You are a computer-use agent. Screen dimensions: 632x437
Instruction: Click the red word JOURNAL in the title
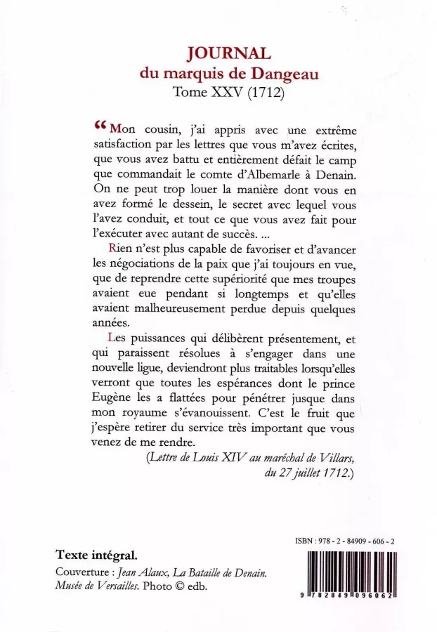point(226,54)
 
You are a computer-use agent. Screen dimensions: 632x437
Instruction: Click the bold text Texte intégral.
point(96,554)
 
